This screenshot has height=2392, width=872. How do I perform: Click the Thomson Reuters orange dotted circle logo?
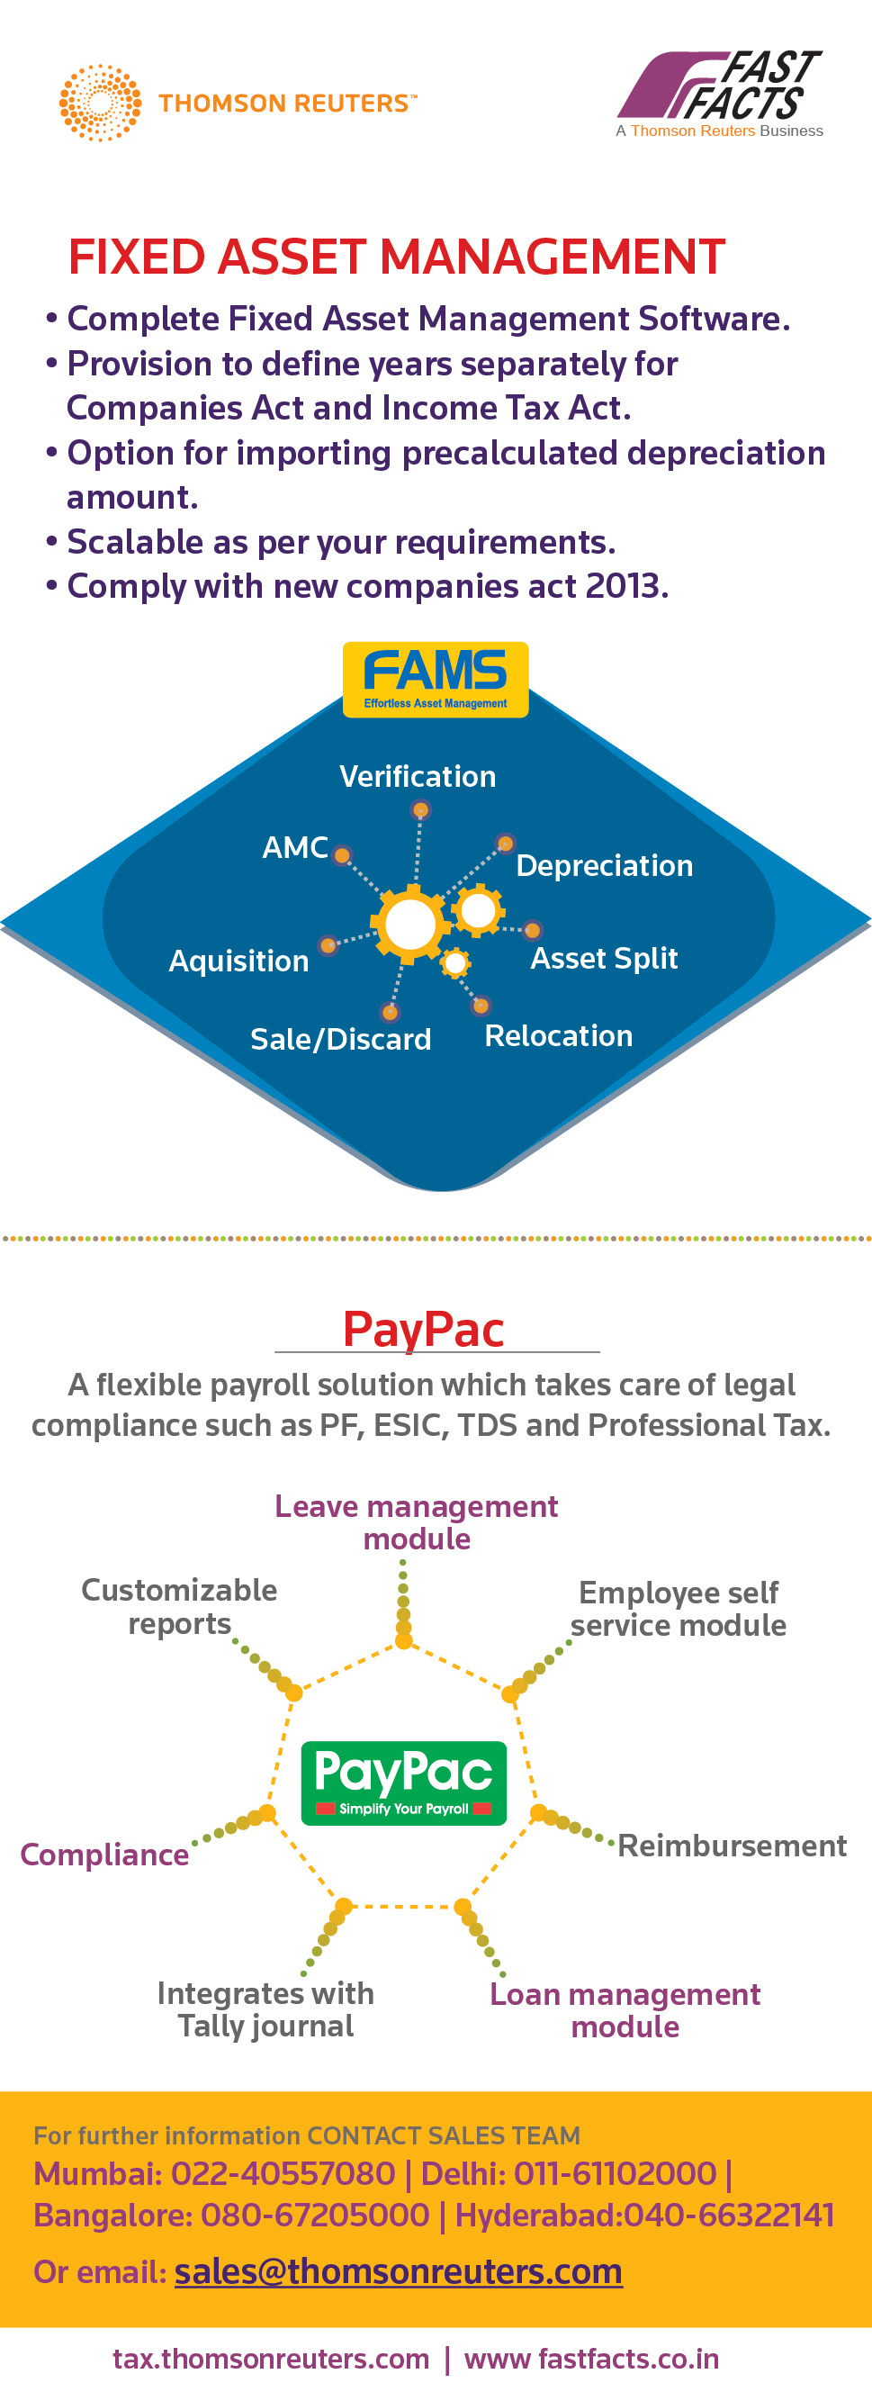[x=100, y=103]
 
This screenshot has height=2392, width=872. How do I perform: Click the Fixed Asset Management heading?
[x=397, y=257]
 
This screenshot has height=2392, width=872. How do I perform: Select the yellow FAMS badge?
[x=436, y=679]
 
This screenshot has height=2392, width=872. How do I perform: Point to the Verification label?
[x=418, y=776]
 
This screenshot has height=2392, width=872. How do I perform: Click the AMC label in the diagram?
[x=295, y=847]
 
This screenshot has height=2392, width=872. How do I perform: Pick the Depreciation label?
[x=605, y=865]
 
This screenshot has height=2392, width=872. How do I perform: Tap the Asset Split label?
[x=605, y=958]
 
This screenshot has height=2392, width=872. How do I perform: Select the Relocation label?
[x=559, y=1035]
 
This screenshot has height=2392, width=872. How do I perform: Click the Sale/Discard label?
[x=341, y=1039]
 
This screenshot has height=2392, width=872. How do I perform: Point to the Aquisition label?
[x=238, y=961]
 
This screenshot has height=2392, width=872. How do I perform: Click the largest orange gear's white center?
[x=410, y=925]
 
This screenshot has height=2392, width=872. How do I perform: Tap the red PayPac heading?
[x=424, y=1329]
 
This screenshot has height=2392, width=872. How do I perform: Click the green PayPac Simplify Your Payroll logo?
[x=404, y=1783]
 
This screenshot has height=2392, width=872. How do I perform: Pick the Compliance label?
[x=105, y=1855]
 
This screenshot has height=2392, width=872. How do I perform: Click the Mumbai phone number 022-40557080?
[x=283, y=2174]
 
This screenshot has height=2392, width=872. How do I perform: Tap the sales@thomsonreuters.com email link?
[x=399, y=2271]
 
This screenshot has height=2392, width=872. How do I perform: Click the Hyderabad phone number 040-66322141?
[x=729, y=2216]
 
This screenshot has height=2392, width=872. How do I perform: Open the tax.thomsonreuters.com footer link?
[x=271, y=2359]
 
